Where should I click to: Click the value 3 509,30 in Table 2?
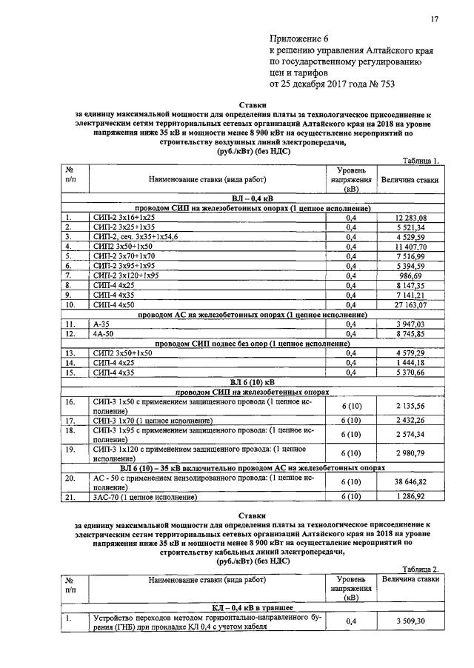pos(410,621)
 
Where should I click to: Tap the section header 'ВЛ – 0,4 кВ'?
pos(252,198)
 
